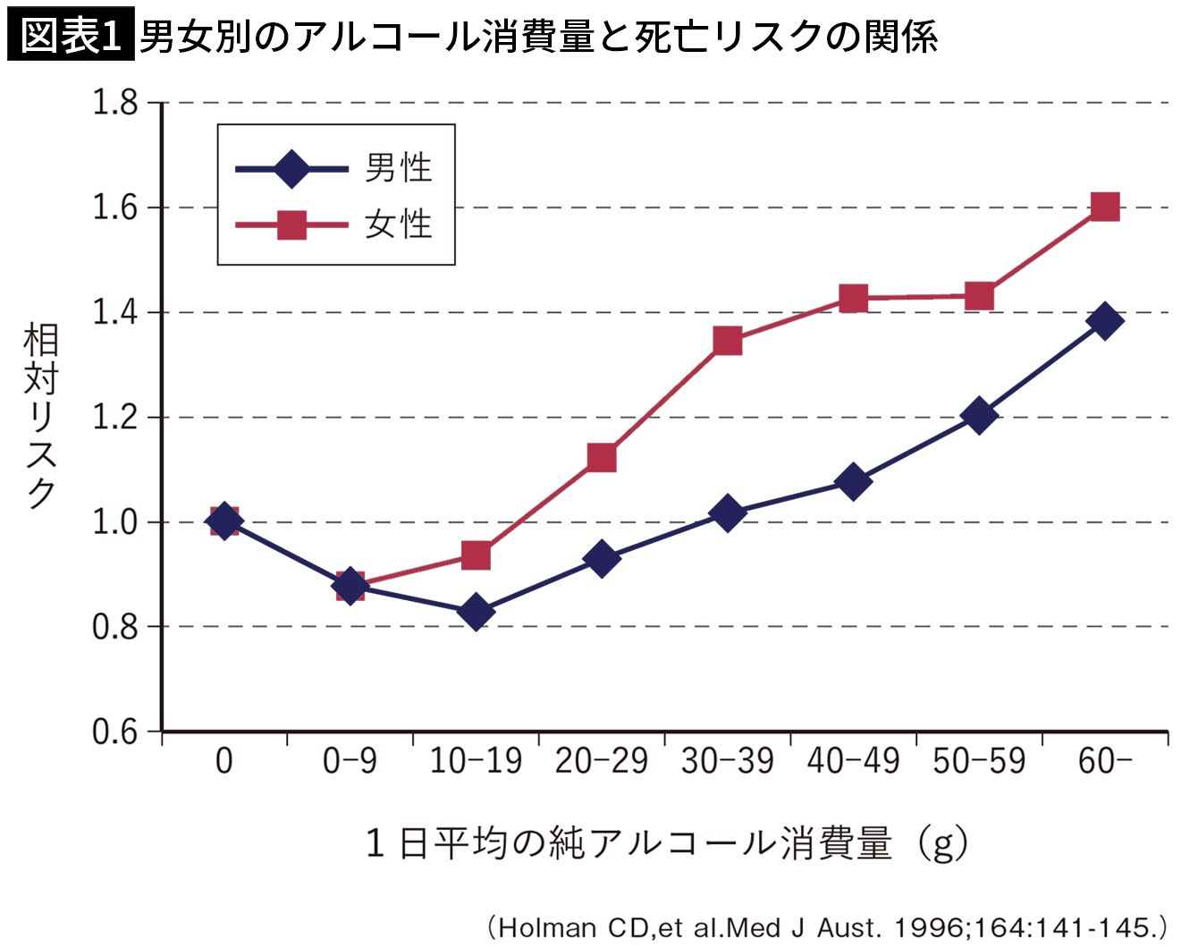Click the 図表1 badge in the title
point(71,33)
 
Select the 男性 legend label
point(399,167)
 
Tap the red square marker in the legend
point(291,225)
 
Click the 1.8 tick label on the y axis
point(114,103)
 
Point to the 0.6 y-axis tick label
point(114,732)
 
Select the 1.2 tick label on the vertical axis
point(114,417)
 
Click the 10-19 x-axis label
point(476,761)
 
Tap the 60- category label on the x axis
point(1105,761)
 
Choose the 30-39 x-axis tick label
point(728,761)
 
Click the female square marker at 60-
point(1105,207)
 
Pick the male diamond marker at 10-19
point(476,611)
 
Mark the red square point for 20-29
point(602,458)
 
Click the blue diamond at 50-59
point(979,415)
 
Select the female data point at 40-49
point(854,299)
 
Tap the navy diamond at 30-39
point(728,512)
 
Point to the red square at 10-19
point(476,554)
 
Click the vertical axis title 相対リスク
point(40,416)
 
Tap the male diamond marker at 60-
point(1105,320)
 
